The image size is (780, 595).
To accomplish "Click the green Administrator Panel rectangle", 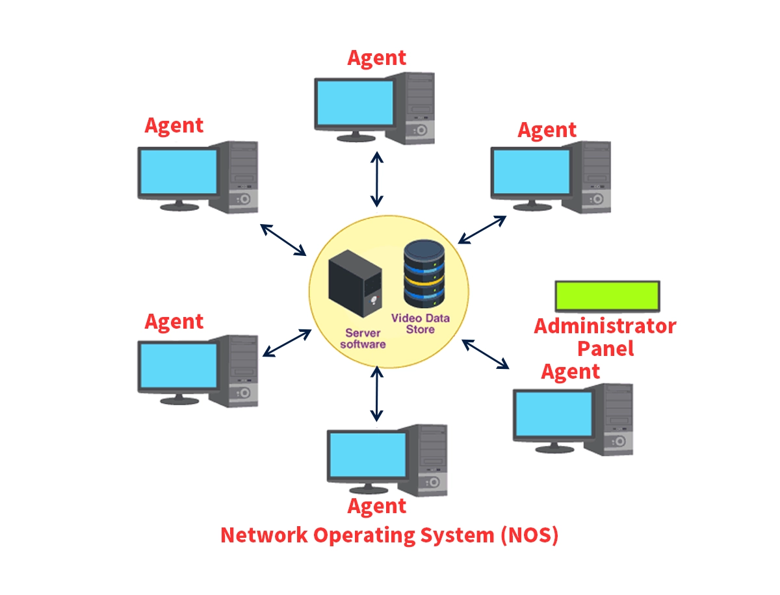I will [607, 295].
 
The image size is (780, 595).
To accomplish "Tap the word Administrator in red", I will [604, 325].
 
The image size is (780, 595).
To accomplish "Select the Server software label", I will [363, 338].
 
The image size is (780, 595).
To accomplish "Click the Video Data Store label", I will [420, 323].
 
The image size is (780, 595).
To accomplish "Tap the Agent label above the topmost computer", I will [376, 57].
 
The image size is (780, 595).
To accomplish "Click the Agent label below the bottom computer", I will [377, 506].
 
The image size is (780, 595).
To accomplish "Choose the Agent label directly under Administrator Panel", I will [570, 372].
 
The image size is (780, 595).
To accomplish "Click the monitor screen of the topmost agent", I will [355, 103].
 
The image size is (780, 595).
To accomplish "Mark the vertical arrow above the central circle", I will [376, 179].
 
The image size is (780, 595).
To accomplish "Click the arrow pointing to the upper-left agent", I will [283, 239].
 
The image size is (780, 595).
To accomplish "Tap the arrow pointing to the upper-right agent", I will [482, 229].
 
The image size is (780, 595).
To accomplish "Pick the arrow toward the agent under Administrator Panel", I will [486, 354].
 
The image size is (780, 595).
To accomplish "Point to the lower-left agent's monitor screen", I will [178, 365].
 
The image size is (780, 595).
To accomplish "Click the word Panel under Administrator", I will [605, 348].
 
